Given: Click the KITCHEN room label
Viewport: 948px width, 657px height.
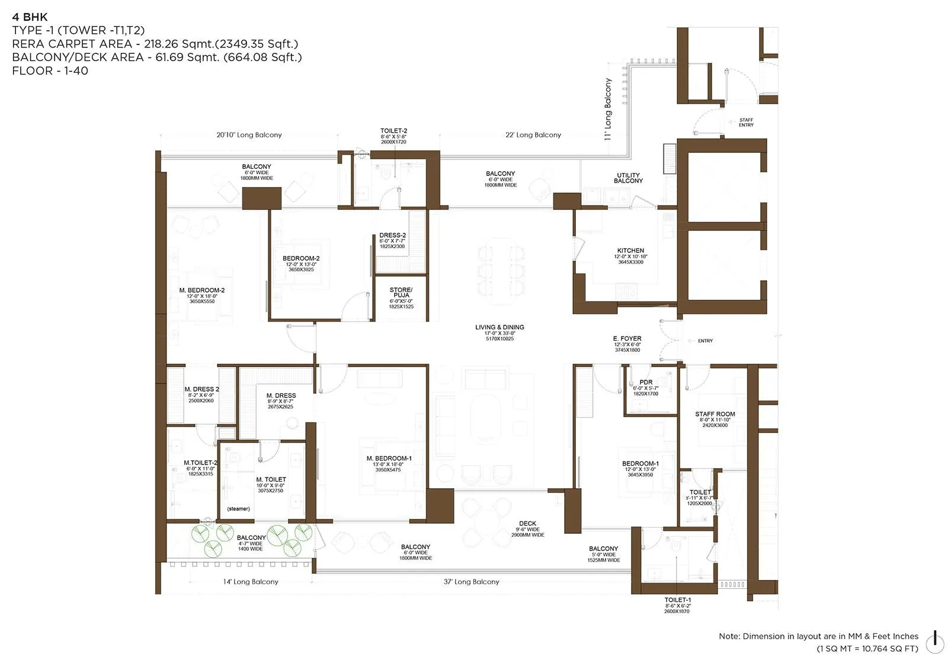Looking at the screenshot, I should [630, 251].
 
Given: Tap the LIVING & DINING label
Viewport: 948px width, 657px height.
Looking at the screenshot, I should [499, 327].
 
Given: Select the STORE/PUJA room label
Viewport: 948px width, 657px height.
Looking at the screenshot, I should [401, 292].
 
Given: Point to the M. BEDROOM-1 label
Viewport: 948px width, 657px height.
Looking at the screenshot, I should [389, 458].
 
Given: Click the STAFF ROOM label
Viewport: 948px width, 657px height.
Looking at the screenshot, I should [715, 414].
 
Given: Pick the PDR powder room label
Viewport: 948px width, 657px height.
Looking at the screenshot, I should [646, 382].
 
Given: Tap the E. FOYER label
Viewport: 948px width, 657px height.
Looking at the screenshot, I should [627, 339].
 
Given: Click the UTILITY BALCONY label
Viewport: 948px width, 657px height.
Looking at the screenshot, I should [628, 178].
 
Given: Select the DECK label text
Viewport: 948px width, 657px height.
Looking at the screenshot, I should [527, 523].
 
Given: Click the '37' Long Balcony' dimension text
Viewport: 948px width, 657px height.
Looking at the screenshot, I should [471, 582].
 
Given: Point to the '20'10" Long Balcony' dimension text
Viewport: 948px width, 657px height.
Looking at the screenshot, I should [249, 135].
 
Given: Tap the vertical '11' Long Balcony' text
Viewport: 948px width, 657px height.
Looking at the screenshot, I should [608, 108].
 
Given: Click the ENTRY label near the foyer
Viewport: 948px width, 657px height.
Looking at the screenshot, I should [705, 341].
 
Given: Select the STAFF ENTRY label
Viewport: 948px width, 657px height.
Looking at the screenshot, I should [746, 123].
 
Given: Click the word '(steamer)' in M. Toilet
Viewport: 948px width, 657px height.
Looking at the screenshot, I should [238, 509].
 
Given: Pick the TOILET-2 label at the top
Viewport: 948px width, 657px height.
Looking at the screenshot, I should [393, 131].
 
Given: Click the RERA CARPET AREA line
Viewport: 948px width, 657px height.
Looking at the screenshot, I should [155, 44].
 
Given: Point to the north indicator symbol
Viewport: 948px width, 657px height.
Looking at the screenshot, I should [935, 639].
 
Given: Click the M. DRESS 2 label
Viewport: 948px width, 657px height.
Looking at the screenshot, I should [201, 389].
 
